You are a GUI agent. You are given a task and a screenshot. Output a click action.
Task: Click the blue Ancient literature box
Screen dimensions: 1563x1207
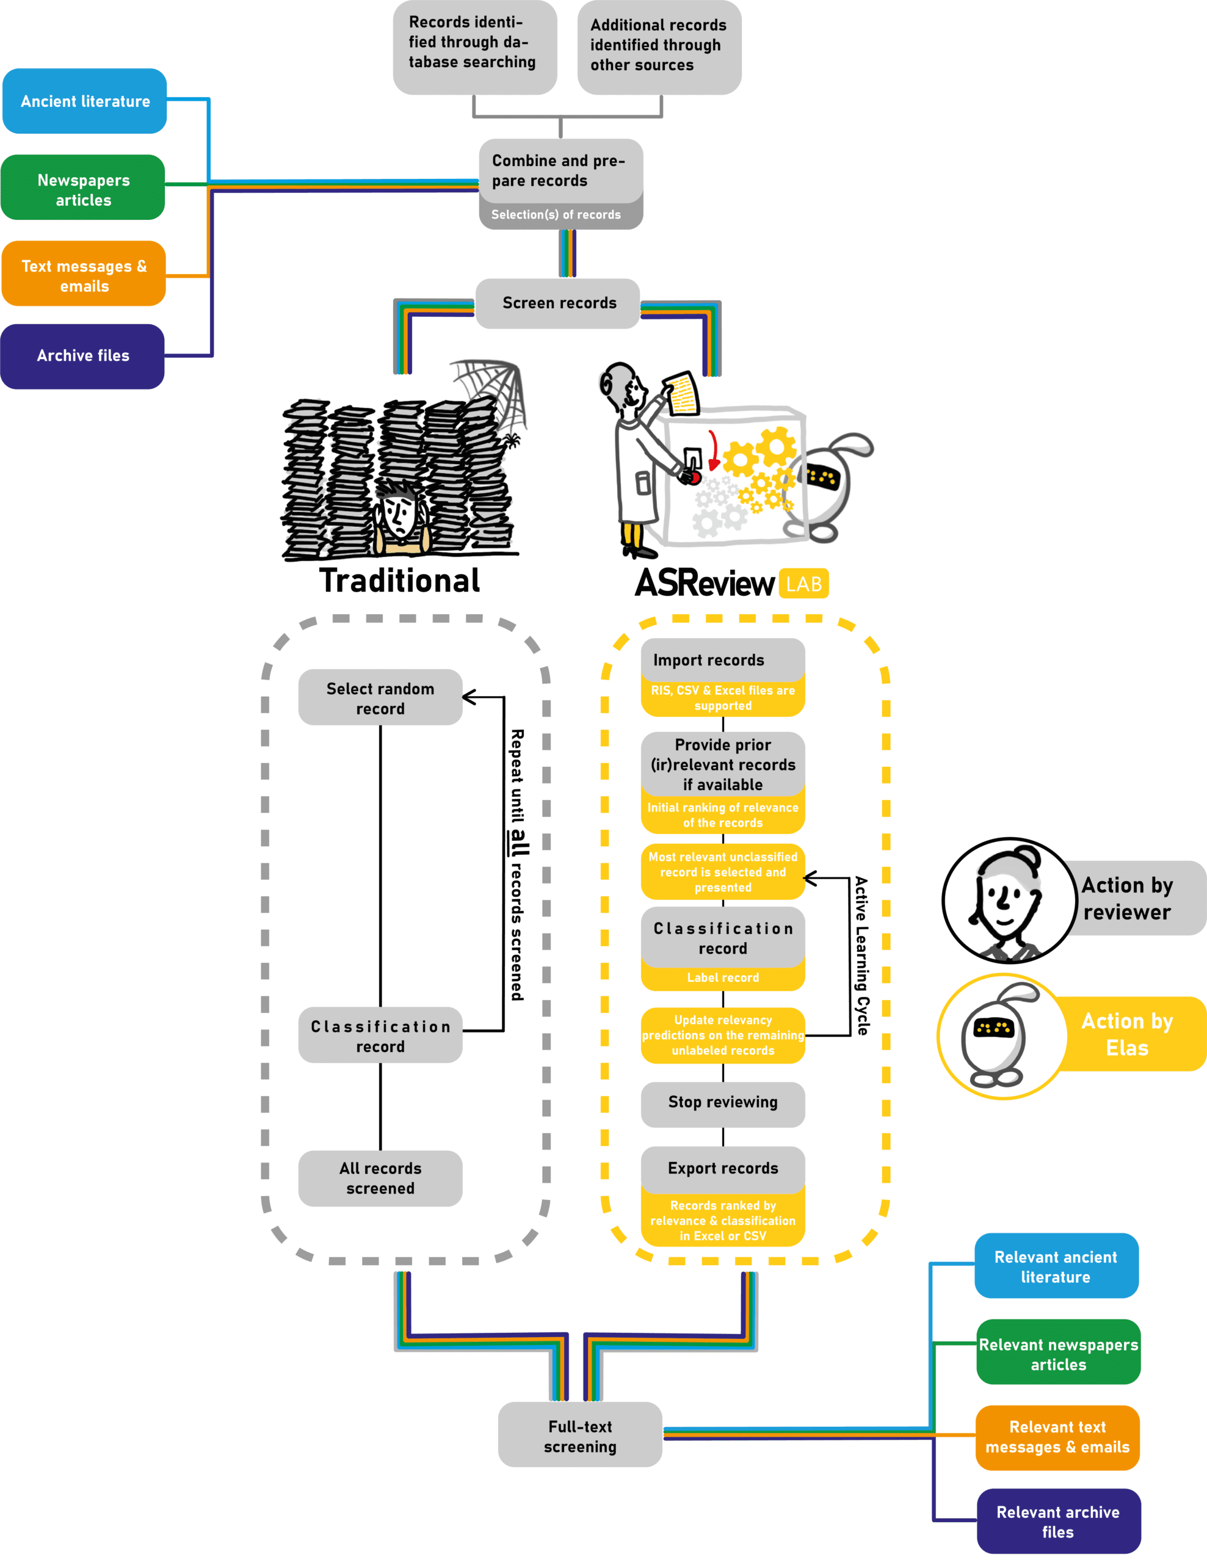pyautogui.click(x=84, y=101)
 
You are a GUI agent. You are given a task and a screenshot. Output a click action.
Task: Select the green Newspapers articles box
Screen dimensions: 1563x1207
pyautogui.click(x=83, y=187)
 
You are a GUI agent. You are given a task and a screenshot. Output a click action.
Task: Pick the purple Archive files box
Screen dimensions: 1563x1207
pyautogui.click(x=83, y=356)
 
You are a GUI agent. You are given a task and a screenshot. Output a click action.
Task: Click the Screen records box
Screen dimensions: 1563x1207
pyautogui.click(x=558, y=303)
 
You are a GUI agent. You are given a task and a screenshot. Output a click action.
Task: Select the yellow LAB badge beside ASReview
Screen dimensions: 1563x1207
pyautogui.click(x=803, y=584)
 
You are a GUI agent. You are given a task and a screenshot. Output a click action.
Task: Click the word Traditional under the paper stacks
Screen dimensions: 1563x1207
pyautogui.click(x=399, y=581)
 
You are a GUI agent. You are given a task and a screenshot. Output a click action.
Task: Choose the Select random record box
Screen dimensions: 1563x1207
pyautogui.click(x=380, y=698)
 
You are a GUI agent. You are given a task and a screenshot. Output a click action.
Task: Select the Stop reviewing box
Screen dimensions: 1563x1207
pyautogui.click(x=723, y=1102)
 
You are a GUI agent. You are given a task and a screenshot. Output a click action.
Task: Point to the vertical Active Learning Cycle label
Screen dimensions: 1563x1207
pyautogui.click(x=862, y=956)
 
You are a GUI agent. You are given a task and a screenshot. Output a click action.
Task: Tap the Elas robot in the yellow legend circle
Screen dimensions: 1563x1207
pyautogui.click(x=996, y=1038)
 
